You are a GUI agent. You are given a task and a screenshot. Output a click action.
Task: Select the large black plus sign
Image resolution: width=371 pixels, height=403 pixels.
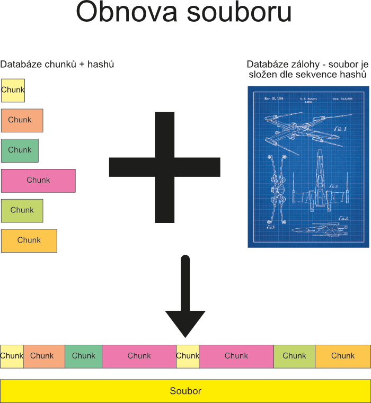coord(164,167)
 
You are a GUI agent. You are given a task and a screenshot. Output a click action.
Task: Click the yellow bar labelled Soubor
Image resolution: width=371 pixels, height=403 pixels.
coord(185,391)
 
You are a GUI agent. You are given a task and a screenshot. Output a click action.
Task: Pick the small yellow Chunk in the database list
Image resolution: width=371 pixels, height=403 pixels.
coord(13,90)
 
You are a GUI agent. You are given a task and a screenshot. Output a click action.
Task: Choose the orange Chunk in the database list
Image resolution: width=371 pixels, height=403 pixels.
coord(22,120)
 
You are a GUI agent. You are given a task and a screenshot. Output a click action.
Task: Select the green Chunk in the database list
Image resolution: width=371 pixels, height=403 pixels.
coord(20,150)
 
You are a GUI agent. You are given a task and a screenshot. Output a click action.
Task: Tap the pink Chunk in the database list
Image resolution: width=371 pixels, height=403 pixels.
coord(38,181)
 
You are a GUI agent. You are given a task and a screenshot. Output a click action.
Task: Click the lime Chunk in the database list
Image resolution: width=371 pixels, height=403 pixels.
coord(22,211)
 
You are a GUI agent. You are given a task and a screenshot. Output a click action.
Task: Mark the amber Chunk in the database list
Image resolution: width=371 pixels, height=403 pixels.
coord(29,240)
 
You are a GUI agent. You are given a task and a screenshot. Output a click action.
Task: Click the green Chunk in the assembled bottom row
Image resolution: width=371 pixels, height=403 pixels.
coord(83,356)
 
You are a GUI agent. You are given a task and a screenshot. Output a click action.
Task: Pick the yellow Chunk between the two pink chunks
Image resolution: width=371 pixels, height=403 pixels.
coord(187,356)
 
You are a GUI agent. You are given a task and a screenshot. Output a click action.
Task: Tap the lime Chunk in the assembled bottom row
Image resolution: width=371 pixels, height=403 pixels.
coord(294,356)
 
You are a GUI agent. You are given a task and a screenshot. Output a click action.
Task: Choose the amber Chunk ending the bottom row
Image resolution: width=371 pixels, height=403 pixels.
coord(343,356)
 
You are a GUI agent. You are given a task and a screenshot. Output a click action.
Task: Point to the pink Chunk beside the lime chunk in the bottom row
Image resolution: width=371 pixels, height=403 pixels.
coord(236,356)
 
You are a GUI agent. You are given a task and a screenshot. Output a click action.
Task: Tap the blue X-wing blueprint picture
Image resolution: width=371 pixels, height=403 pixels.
coord(308,167)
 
